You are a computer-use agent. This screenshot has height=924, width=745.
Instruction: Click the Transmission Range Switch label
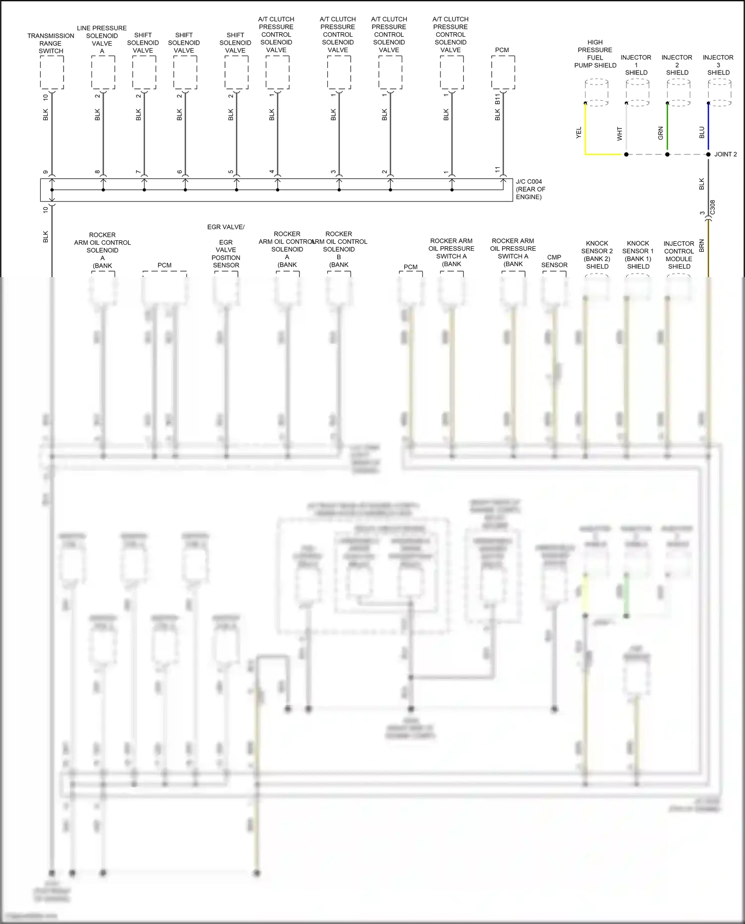click(51, 43)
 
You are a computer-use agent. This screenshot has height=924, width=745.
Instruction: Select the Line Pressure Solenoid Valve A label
click(102, 39)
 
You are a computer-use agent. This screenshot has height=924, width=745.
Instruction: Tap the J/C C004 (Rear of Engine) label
click(530, 189)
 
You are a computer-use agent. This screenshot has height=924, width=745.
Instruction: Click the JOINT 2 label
click(725, 154)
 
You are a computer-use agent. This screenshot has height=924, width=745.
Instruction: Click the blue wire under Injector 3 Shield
click(708, 129)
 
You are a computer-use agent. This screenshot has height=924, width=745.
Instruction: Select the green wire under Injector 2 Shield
click(667, 129)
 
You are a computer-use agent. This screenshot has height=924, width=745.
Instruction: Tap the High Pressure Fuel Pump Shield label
click(595, 54)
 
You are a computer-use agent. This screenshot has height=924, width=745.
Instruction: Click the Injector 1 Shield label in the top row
click(636, 65)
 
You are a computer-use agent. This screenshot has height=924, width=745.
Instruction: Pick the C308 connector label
click(713, 207)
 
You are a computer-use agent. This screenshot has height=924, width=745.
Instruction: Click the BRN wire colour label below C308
click(702, 245)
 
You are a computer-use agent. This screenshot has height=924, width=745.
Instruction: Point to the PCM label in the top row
click(502, 50)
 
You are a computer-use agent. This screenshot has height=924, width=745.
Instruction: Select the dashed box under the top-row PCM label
click(503, 72)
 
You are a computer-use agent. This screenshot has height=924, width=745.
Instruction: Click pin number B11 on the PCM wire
click(498, 99)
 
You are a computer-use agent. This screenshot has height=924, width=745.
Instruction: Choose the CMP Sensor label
click(554, 261)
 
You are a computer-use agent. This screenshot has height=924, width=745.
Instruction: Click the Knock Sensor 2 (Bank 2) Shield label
click(597, 255)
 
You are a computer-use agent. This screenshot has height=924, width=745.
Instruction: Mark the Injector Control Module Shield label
click(679, 255)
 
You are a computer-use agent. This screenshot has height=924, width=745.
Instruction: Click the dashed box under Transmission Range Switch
click(52, 72)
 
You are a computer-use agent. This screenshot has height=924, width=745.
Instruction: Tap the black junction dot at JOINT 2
click(708, 154)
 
